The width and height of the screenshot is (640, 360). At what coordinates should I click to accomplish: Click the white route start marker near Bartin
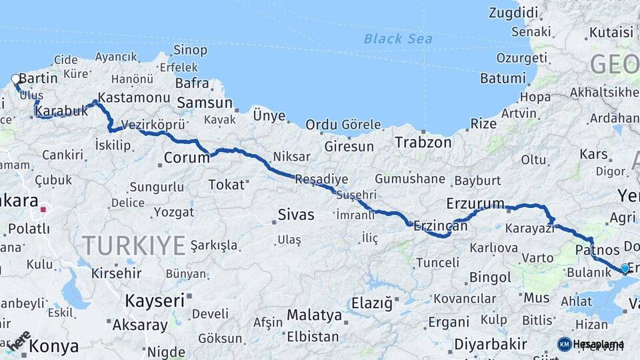(x=16, y=79)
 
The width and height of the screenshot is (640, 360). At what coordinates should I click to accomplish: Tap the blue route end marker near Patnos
(x=625, y=268)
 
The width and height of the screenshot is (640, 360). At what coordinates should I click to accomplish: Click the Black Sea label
(x=398, y=39)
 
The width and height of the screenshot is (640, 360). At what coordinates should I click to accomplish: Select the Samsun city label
(x=204, y=103)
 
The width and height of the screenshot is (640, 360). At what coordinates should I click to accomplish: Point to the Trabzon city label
(x=423, y=142)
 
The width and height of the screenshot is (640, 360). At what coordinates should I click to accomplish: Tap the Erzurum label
(x=475, y=203)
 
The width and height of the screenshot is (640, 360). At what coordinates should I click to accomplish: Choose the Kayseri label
(x=155, y=301)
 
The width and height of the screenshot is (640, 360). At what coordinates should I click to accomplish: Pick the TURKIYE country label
(x=133, y=245)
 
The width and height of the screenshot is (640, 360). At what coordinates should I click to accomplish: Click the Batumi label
(x=503, y=78)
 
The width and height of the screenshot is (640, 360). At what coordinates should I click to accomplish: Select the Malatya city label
(x=314, y=315)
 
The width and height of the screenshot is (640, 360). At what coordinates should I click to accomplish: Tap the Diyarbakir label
(x=491, y=345)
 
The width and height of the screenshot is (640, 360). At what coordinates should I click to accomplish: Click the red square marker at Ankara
(x=43, y=209)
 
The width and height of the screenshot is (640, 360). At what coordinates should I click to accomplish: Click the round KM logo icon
(x=564, y=344)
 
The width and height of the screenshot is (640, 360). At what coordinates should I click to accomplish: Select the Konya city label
(x=53, y=346)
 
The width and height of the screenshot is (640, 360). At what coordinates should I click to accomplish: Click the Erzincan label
(x=440, y=226)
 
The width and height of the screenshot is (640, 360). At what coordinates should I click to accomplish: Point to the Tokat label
(x=227, y=185)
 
